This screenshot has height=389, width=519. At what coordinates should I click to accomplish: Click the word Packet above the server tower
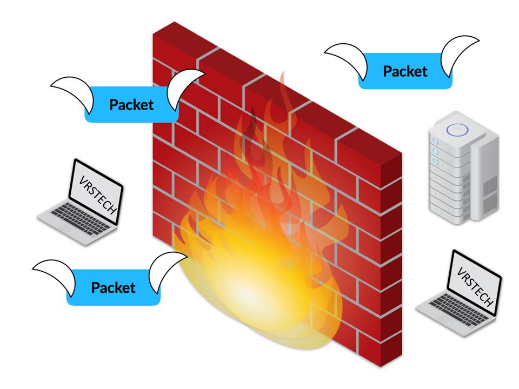(405, 71)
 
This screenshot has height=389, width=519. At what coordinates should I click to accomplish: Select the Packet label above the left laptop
(131, 104)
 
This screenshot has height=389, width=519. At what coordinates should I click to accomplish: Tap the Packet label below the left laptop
(113, 287)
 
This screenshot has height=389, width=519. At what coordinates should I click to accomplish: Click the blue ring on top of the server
(453, 130)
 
